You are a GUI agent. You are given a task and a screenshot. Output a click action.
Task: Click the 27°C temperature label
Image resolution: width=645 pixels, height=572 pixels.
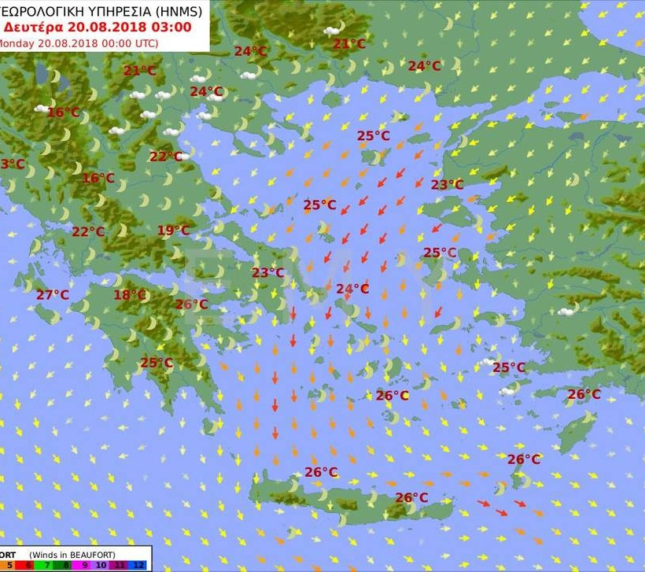53,295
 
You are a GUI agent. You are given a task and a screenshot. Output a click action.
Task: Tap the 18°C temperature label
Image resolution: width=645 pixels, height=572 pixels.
130,295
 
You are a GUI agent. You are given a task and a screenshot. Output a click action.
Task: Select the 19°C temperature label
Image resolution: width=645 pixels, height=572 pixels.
173,231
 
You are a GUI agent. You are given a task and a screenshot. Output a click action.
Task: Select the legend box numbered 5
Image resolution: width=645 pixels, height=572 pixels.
9,565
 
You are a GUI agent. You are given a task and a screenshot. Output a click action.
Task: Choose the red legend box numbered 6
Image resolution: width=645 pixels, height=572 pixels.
29,565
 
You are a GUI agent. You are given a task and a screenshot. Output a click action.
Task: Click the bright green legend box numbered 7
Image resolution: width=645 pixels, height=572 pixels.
48,565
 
